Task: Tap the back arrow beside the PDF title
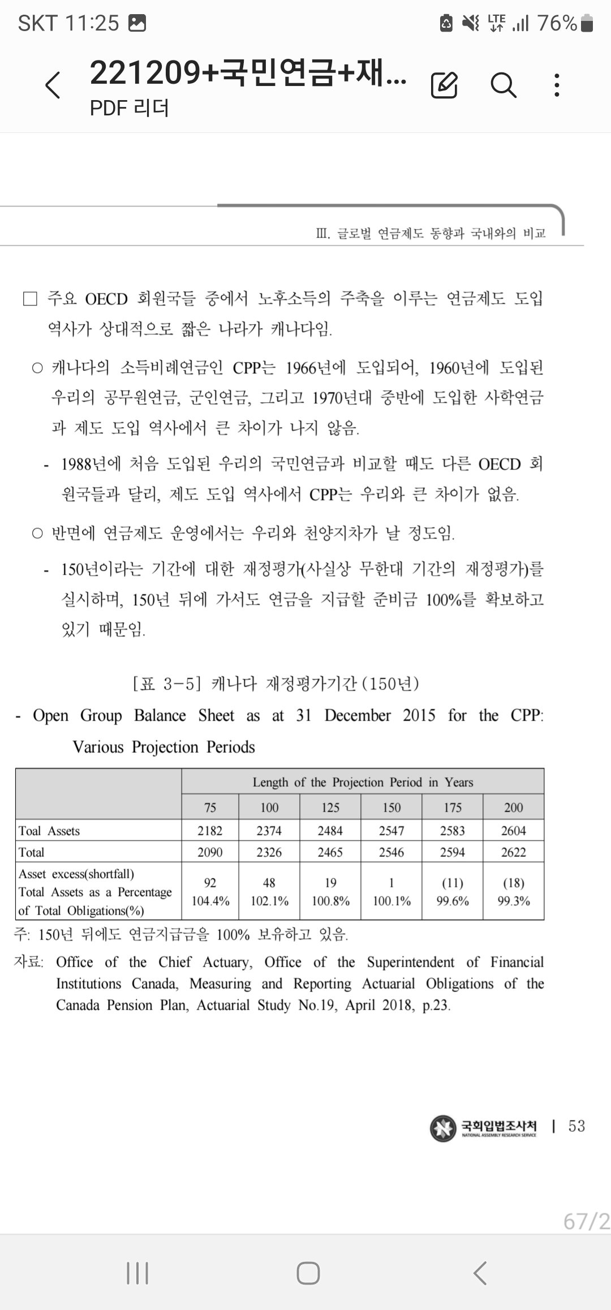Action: [53, 85]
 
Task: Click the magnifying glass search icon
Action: [503, 85]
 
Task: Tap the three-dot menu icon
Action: [557, 85]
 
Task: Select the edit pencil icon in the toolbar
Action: [444, 85]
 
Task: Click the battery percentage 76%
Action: [557, 23]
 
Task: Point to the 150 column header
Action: [391, 807]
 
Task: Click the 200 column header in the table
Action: [513, 807]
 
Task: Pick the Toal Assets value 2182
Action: [210, 830]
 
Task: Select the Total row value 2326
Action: [269, 852]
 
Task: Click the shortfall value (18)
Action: [513, 882]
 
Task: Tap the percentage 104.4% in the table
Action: [210, 901]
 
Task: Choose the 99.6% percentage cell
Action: [453, 901]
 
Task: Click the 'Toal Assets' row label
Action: [49, 830]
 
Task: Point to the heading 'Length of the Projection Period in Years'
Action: [363, 782]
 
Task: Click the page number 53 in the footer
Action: [576, 1126]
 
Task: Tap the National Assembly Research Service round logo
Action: [443, 1127]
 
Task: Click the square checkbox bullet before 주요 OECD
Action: [30, 299]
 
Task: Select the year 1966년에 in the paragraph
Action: [315, 368]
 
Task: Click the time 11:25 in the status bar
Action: [92, 23]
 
